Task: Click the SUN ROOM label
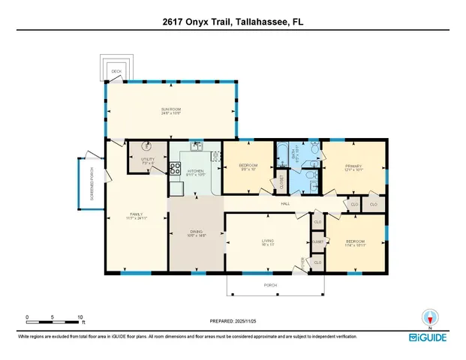(171, 109)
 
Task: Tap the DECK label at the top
(116, 71)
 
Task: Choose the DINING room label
(194, 232)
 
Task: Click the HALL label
(285, 203)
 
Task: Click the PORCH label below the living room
(275, 284)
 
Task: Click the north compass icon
(430, 319)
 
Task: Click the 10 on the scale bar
(80, 317)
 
